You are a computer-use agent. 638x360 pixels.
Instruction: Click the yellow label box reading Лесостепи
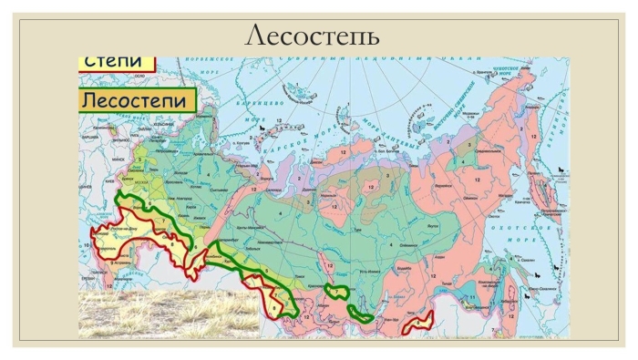tap(139, 99)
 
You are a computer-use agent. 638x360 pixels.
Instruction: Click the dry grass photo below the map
tap(169, 315)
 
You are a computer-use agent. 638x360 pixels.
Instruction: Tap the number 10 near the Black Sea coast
tap(87, 246)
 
